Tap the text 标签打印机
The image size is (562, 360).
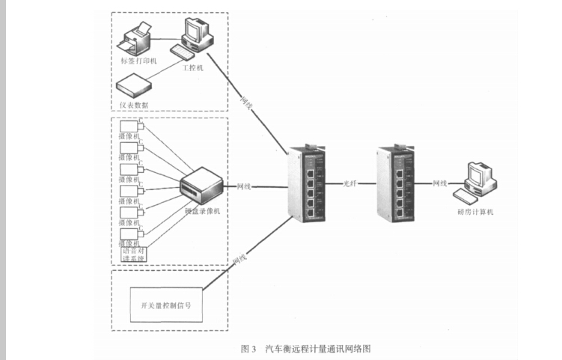point(138,61)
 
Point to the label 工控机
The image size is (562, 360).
point(193,67)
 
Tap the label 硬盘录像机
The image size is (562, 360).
point(203,212)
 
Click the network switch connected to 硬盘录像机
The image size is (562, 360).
point(308,183)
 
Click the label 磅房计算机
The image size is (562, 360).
point(475,212)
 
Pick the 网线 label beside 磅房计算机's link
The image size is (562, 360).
point(439,183)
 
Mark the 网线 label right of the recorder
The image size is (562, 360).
point(243,185)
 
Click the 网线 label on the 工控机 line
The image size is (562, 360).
point(246,100)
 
